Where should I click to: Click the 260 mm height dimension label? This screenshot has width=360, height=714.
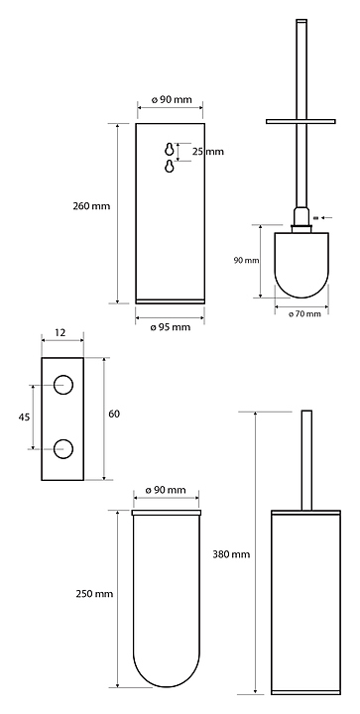tap(91, 206)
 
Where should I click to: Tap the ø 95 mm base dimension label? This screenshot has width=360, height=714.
tap(171, 327)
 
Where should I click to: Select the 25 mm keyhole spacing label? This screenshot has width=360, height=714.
tap(207, 151)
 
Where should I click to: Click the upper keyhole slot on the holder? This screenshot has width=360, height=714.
tap(170, 149)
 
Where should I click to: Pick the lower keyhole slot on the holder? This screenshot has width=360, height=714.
tap(170, 167)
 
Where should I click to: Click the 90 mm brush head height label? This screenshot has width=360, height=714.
tap(246, 261)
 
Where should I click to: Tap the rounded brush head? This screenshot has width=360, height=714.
tap(301, 265)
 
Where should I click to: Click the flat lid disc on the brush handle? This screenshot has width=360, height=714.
tap(300, 122)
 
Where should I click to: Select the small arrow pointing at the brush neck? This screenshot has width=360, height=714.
tap(326, 217)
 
